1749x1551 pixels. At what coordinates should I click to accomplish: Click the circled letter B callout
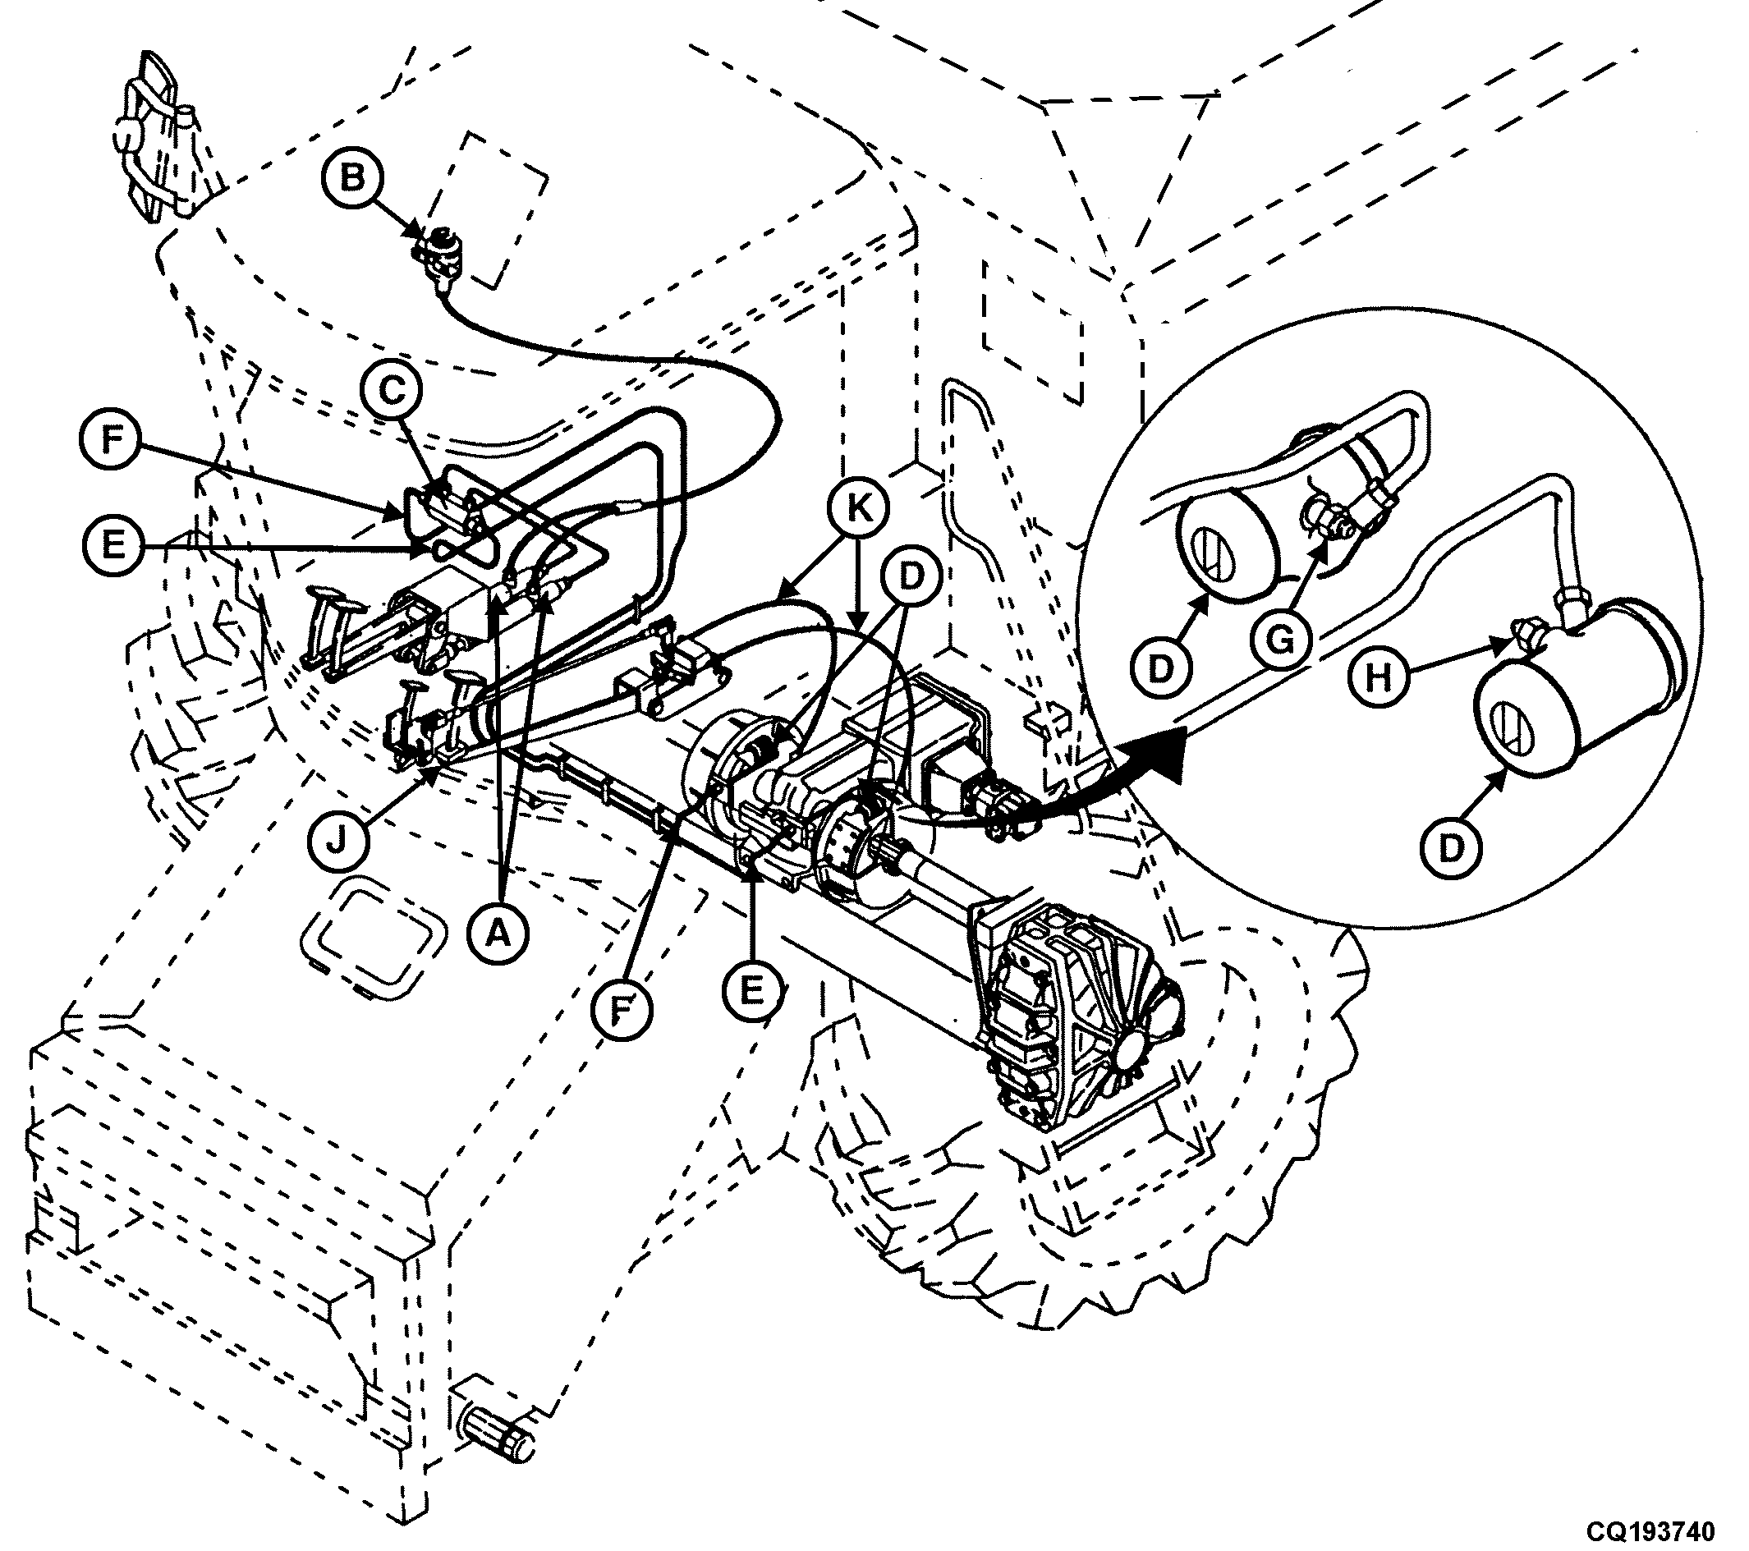click(352, 181)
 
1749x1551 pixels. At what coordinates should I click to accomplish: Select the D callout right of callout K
click(911, 576)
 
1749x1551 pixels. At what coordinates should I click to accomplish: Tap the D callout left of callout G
click(1159, 670)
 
